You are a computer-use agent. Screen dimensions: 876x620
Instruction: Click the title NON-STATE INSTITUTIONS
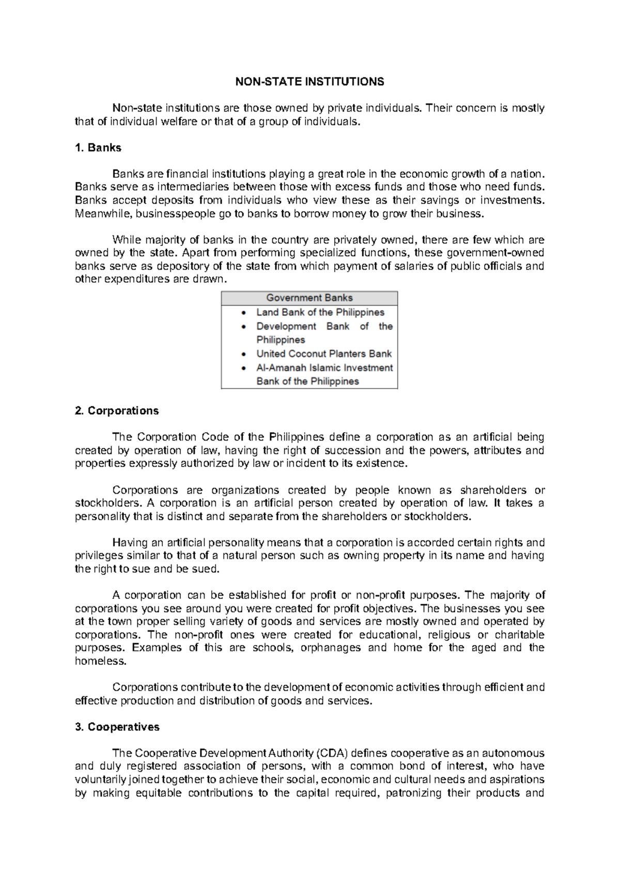coord(309,82)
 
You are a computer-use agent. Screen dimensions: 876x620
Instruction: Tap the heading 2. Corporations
coord(117,411)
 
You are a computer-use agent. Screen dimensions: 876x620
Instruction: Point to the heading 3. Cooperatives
coord(117,727)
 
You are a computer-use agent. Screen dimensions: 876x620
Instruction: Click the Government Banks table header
coord(309,298)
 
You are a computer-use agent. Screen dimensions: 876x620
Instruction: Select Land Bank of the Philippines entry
coord(320,312)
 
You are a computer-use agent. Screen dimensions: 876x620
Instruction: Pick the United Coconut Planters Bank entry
coord(324,354)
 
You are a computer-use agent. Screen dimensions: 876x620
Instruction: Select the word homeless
coord(93,661)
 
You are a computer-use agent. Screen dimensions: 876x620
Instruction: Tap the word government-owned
coord(495,253)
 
